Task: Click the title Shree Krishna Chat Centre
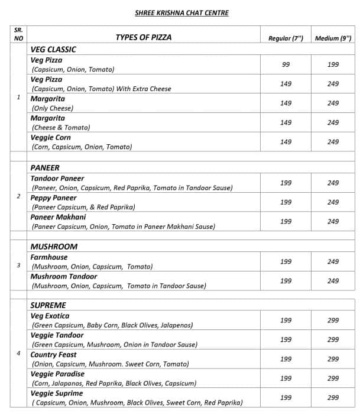tap(181, 13)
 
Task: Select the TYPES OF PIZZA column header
tap(144, 37)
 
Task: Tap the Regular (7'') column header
tap(286, 38)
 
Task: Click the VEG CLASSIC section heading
tap(53, 50)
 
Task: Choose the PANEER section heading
tap(45, 168)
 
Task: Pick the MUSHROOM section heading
tap(54, 247)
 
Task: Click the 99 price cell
tap(286, 64)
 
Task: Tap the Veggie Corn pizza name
tap(50, 137)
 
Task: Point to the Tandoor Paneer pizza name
tap(57, 179)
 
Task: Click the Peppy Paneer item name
tap(54, 198)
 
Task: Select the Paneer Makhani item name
tap(58, 217)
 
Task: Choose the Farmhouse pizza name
tap(49, 257)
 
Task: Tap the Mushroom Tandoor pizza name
tap(64, 276)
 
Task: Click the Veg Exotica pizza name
tap(50, 316)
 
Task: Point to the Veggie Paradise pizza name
tap(57, 374)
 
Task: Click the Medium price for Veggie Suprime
tap(333, 397)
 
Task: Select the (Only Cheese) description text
tap(52, 108)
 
